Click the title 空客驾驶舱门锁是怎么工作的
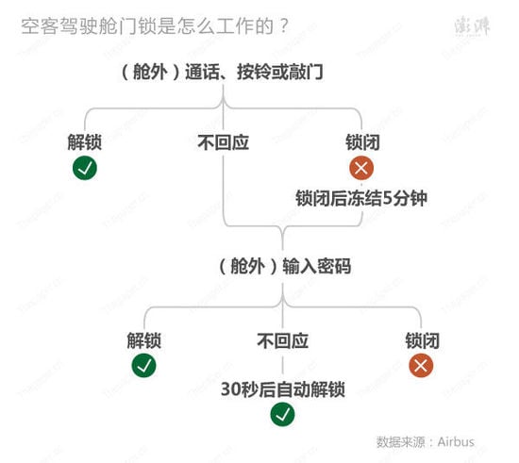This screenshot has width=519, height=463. pos(147,25)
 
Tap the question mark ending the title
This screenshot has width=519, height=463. pos(284,25)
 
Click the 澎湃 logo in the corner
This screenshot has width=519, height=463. pos(472,25)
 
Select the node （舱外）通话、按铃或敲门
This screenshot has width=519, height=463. pos(223,72)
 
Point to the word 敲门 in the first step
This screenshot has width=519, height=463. pos(306,72)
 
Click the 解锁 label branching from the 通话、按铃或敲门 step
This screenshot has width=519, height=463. pos(84,142)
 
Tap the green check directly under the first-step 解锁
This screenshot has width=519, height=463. pos(85,168)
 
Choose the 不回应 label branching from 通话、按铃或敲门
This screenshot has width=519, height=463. pos(223,142)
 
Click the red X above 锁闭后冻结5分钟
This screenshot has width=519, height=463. pos(361,168)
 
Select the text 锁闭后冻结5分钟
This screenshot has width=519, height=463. pos(361,198)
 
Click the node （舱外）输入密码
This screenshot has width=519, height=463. pos(285,266)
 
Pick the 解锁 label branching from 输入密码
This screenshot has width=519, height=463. pos(143,340)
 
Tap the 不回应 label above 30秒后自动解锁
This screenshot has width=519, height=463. pos(283,340)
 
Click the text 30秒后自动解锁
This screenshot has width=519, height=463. pos(283,389)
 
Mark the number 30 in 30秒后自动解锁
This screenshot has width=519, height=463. pos(230,389)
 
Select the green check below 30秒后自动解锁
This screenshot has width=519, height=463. pos(283,414)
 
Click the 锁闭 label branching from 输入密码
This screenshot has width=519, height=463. pos(422,340)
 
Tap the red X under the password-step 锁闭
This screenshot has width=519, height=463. pos(421,366)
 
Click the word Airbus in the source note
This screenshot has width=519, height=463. pos(456,442)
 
